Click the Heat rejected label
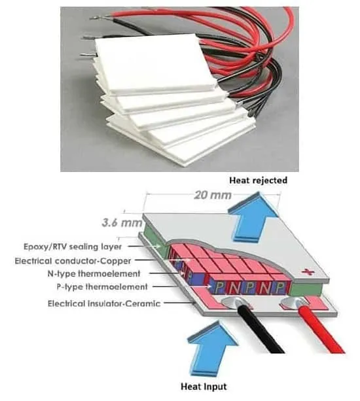pos(258,181)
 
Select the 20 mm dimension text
pos(213,195)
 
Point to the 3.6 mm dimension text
pos(122,223)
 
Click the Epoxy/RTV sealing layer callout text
pos(73,247)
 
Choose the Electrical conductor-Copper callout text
pos(73,261)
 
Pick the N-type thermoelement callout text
pos(94,273)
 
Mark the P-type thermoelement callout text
pos(102,287)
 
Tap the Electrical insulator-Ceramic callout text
pos(104,304)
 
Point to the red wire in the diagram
pos(322,328)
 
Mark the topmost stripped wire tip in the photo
pos(95,18)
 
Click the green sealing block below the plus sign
pos(306,289)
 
